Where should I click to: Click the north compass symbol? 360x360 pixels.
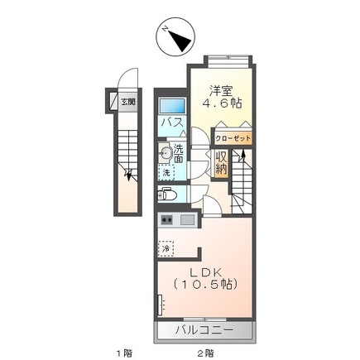(175, 38)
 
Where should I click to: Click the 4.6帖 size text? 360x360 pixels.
(223, 103)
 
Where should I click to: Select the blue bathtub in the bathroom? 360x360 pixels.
(172, 106)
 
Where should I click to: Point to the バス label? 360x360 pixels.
(172, 122)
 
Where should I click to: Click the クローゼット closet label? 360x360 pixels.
(233, 138)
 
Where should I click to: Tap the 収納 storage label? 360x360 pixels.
(222, 163)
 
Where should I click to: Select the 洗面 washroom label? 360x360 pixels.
(179, 154)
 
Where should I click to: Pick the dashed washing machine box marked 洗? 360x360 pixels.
(166, 172)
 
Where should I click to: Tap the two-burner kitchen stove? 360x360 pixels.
(167, 220)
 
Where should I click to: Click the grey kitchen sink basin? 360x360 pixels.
(188, 220)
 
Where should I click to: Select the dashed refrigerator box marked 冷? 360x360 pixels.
(166, 248)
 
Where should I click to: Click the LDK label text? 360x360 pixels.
(205, 272)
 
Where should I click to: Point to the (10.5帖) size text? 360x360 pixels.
(205, 284)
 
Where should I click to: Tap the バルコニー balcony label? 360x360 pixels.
(204, 329)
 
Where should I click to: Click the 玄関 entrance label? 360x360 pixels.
(128, 103)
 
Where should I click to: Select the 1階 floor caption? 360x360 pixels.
(124, 353)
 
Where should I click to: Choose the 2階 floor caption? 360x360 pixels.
(205, 353)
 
